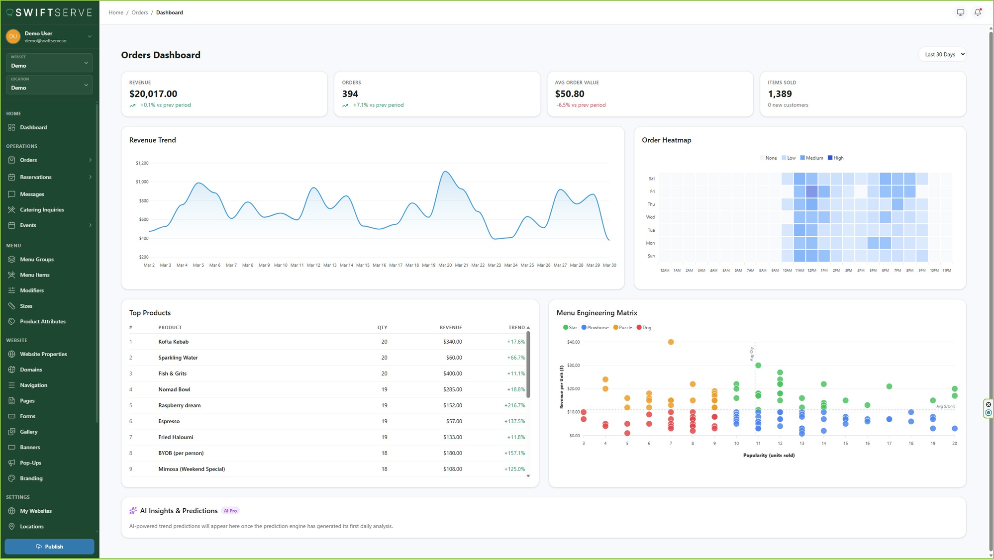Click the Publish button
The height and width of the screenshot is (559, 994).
coord(49,546)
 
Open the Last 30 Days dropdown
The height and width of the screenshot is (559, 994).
coord(942,54)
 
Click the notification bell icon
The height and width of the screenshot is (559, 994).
coord(978,12)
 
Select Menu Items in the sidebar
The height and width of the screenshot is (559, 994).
coord(34,275)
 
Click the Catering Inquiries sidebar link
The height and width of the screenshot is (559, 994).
coord(42,209)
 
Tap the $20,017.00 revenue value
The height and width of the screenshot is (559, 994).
coord(153,93)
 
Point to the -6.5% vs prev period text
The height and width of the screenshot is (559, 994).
coord(580,105)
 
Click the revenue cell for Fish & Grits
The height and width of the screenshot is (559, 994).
coord(452,373)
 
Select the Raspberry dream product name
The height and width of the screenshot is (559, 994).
coord(179,405)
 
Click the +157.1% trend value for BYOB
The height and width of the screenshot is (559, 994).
coord(514,453)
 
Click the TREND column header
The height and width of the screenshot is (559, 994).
coord(516,327)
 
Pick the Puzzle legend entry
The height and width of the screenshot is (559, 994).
coord(623,327)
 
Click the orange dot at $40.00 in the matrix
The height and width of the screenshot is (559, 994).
coord(671,342)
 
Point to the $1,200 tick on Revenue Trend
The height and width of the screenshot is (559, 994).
coord(142,163)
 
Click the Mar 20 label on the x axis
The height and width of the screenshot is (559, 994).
coord(445,265)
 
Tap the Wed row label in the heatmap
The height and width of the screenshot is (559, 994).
coord(650,217)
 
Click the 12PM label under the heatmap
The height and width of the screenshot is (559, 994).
coord(811,271)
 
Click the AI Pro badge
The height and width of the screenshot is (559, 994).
coord(230,511)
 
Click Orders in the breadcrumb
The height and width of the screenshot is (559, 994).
coord(139,12)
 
